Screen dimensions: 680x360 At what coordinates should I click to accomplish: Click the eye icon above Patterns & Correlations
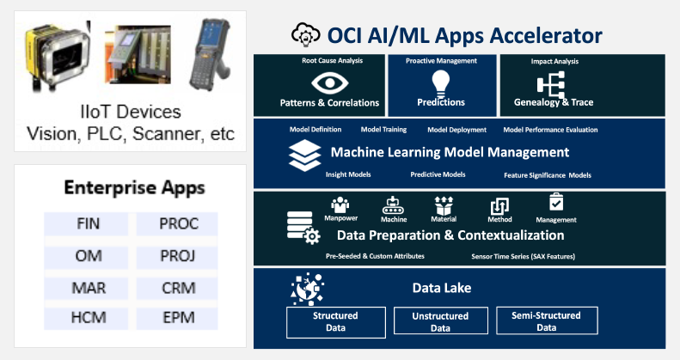330,82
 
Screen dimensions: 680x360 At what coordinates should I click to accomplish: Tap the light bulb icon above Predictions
441,83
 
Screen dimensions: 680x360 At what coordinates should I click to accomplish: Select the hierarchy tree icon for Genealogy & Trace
551,84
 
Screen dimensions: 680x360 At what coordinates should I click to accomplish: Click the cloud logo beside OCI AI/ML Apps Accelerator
306,34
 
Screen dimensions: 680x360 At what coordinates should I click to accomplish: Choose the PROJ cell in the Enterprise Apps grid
177,256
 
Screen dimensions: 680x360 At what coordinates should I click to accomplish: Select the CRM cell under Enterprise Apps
177,288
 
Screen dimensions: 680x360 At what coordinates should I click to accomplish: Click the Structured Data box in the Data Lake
335,322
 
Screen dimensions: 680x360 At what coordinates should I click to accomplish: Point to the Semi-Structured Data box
547,320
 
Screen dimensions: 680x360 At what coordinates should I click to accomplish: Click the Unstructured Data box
441,321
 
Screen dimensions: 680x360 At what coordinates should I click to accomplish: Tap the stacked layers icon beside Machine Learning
305,156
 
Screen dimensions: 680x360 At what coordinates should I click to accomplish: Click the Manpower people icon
340,204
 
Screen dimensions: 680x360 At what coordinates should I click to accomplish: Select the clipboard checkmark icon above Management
556,202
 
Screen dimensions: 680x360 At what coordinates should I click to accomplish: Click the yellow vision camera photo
58,55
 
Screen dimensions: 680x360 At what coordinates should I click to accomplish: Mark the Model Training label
383,130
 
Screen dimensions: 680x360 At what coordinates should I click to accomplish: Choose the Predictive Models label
438,174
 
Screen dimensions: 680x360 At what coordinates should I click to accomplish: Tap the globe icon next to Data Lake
307,289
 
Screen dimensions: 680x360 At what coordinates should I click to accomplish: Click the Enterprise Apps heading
134,188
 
